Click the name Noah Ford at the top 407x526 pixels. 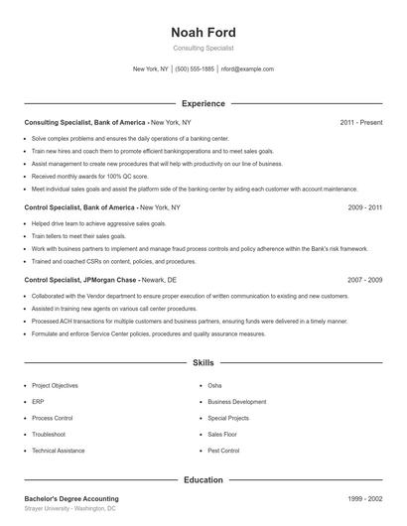203,32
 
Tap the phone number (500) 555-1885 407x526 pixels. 196,69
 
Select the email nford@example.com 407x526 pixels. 247,69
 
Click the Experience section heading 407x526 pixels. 203,103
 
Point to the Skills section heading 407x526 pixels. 203,363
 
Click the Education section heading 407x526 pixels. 203,479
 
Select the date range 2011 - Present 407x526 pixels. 360,122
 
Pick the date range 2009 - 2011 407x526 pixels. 365,208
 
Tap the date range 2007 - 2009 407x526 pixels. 365,281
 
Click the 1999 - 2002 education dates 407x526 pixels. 365,498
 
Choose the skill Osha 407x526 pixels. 214,385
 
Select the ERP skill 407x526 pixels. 38,402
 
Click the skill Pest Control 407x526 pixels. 223,451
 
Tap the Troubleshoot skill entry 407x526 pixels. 49,434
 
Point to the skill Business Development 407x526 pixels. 236,402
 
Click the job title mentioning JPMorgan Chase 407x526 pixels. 89,281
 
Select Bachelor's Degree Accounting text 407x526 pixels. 71,498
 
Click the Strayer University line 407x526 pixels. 69,508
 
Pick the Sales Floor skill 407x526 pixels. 222,434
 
